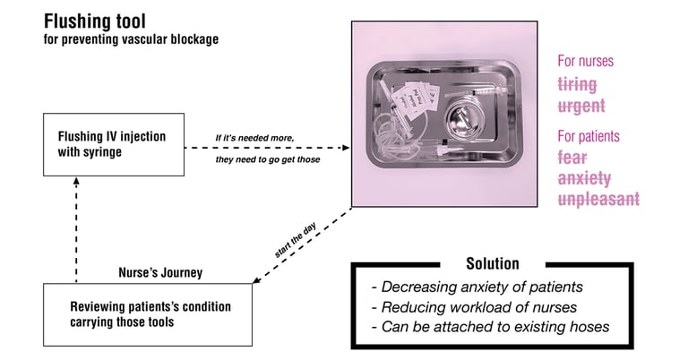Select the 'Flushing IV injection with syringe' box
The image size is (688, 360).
(x=113, y=146)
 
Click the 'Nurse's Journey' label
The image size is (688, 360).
(x=162, y=272)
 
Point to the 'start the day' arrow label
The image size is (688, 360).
(x=297, y=243)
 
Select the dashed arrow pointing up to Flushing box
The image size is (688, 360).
(x=76, y=227)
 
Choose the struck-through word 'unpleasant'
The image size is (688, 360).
(x=599, y=199)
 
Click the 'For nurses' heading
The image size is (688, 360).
(x=586, y=62)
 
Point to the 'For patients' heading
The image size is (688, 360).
(x=589, y=136)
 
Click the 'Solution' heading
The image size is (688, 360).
(x=492, y=264)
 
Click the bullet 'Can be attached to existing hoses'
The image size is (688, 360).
(x=490, y=327)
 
